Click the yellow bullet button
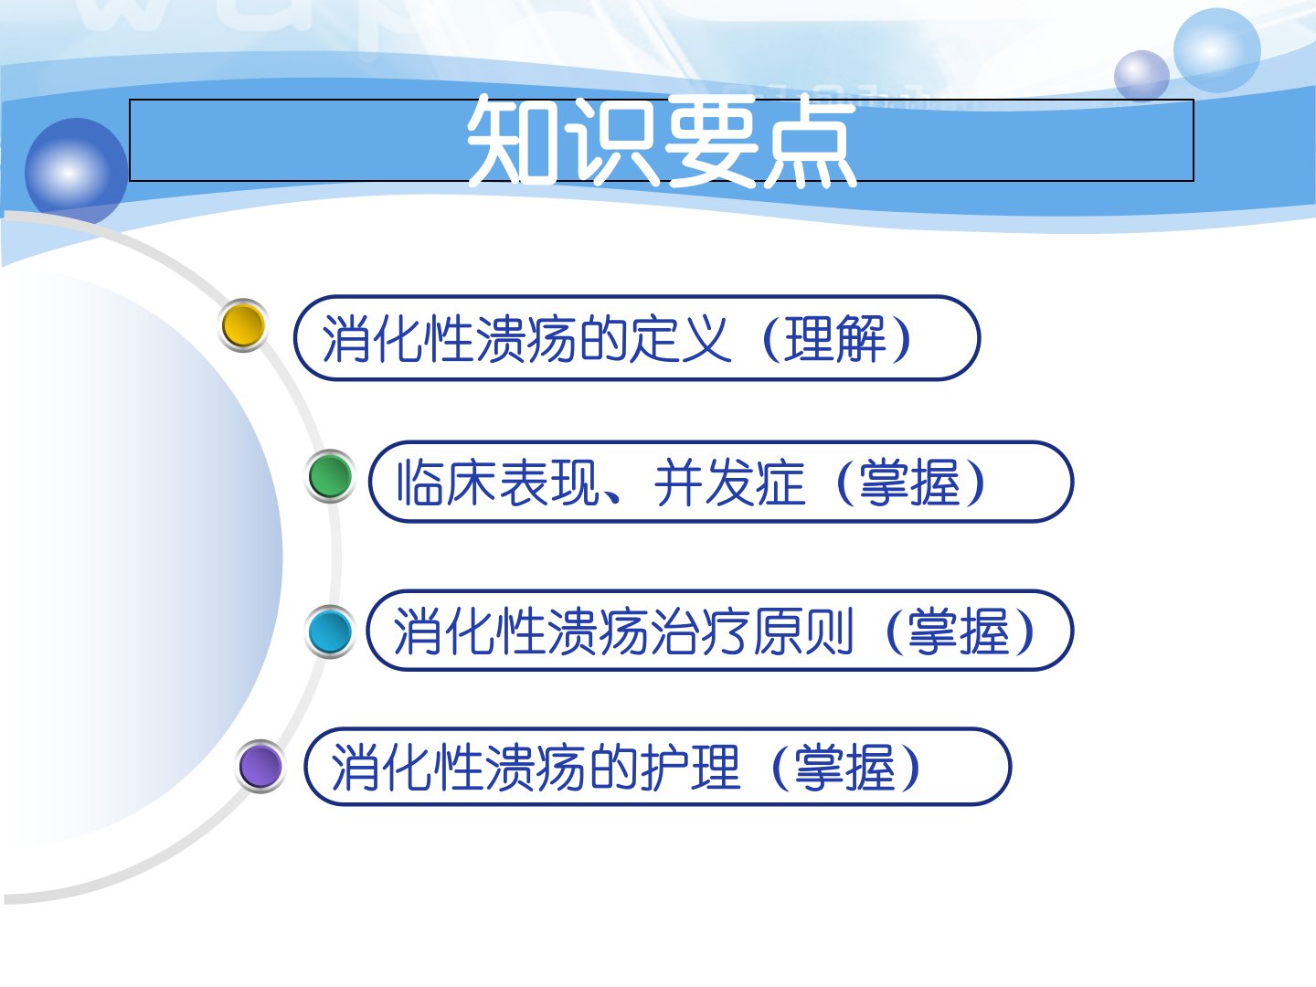243,325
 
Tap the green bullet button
330,476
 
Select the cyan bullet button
330,631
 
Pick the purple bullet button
260,766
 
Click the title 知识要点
662,140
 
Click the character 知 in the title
515,141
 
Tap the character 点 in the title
811,141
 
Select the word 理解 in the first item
835,338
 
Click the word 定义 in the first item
681,338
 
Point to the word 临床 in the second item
447,483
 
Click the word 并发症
729,483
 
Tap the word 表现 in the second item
550,483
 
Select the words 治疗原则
752,631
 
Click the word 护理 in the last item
690,767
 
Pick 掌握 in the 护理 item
845,767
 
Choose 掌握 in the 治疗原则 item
959,631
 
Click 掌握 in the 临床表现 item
909,483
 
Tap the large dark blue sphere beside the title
76,172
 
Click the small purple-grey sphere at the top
1141,76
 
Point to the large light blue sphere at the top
1217,50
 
